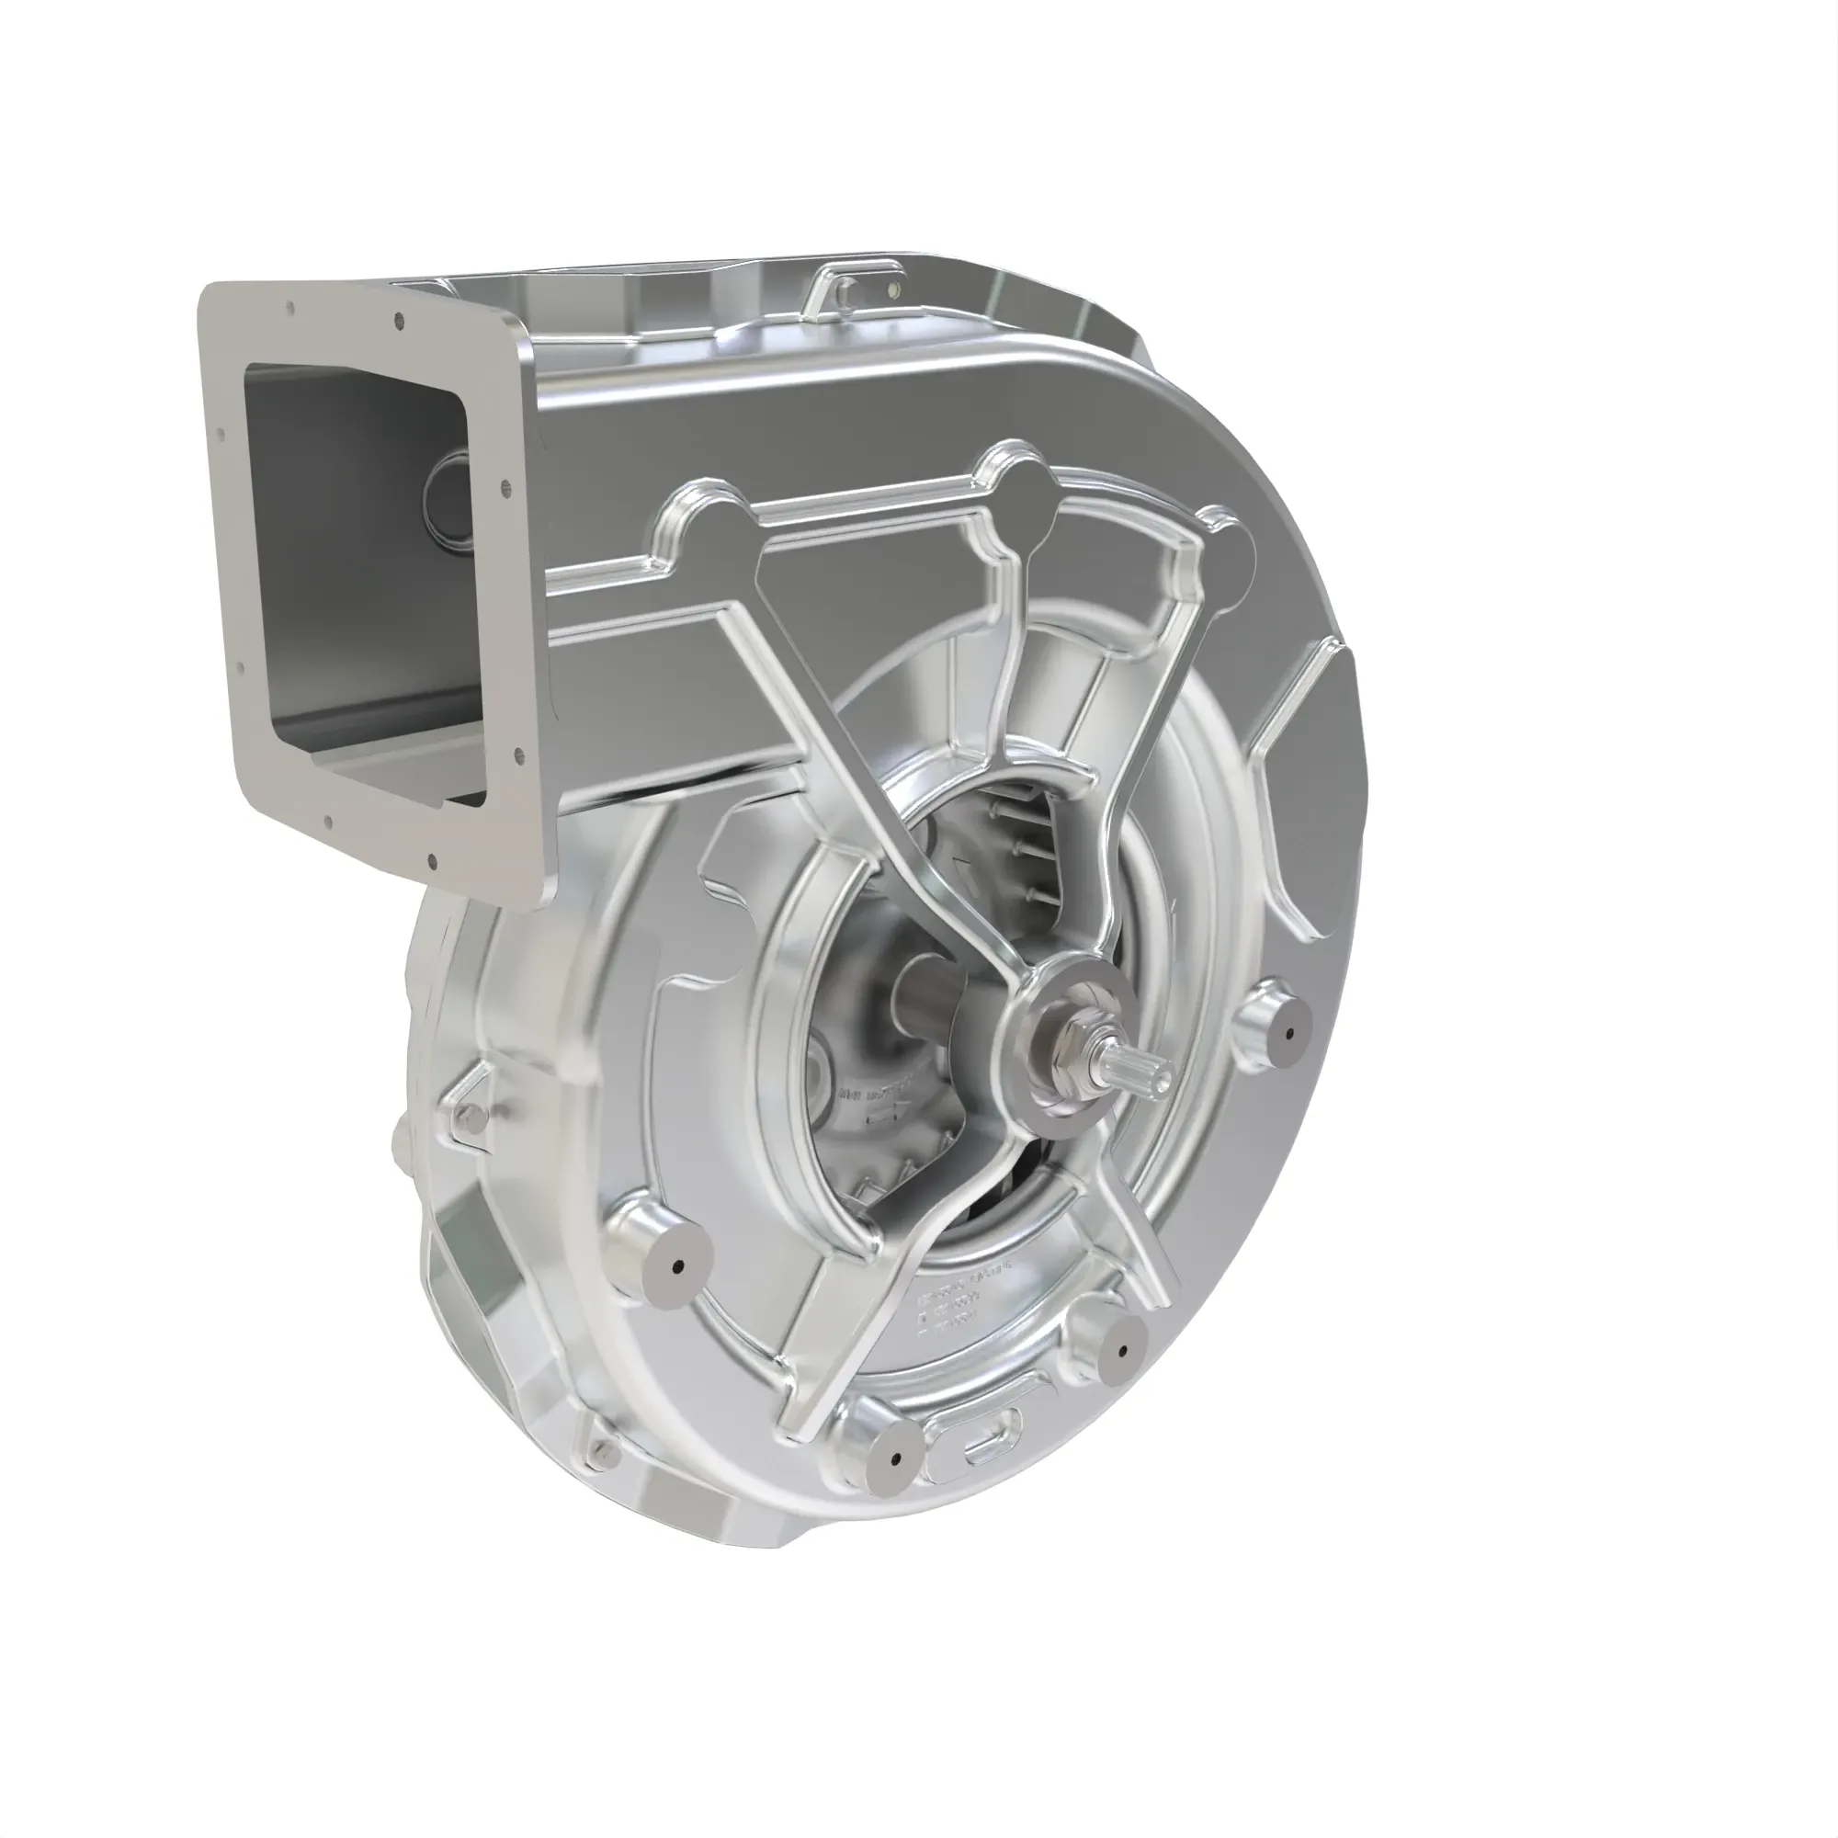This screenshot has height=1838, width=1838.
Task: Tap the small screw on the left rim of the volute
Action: click(x=463, y=1116)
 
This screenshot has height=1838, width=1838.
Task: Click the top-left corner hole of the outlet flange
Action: click(x=291, y=308)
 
